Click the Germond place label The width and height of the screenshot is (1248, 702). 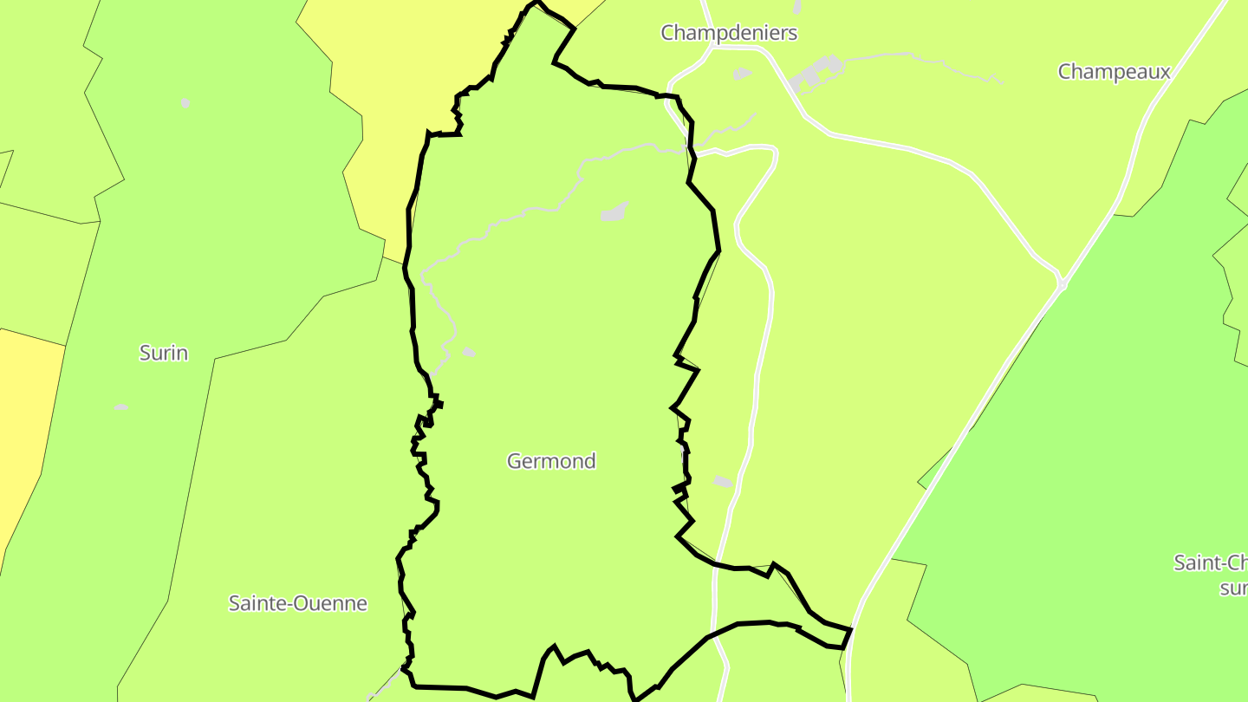point(551,461)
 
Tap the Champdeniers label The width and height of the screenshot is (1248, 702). point(728,33)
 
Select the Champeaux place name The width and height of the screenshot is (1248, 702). point(1114,71)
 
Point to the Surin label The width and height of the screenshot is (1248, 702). point(164,353)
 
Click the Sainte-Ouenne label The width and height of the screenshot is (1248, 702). point(297,603)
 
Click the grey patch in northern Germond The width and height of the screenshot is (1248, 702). point(614,212)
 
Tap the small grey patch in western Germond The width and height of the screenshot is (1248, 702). point(469,352)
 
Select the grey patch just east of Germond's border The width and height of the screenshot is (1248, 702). point(722,481)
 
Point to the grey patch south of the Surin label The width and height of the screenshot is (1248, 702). point(120,406)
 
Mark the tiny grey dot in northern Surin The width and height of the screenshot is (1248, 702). point(185,103)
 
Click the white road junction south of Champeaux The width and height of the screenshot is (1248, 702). point(1062,283)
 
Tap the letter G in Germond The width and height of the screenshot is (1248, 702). point(514,461)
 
